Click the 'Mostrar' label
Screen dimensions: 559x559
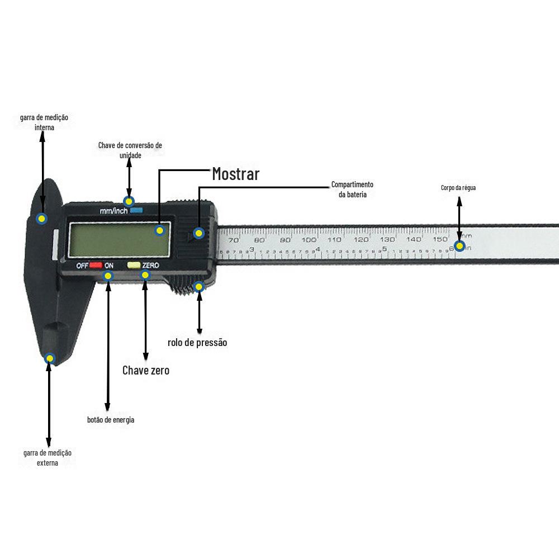(x=235, y=174)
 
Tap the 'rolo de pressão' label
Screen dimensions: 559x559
(x=197, y=343)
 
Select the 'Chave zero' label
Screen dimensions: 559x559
(x=145, y=370)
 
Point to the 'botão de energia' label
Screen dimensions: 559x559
(x=111, y=420)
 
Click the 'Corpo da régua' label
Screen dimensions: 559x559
(x=458, y=188)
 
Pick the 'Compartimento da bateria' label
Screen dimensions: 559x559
(x=352, y=190)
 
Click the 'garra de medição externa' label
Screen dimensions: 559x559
(x=48, y=458)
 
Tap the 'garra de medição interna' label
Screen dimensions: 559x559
(x=44, y=122)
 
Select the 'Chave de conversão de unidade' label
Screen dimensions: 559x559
(x=130, y=150)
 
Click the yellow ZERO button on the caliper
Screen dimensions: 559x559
(x=134, y=265)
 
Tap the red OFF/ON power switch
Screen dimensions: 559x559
(x=96, y=265)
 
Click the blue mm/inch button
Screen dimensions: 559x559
(x=136, y=211)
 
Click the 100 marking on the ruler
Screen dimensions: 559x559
(x=309, y=240)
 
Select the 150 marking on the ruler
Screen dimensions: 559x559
(x=439, y=239)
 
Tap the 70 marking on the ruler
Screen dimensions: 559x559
(x=234, y=240)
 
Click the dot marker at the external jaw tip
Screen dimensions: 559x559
(x=50, y=358)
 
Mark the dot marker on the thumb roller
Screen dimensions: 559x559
(x=198, y=287)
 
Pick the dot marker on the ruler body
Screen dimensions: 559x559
(x=459, y=246)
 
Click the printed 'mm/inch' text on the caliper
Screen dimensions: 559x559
(x=113, y=211)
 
